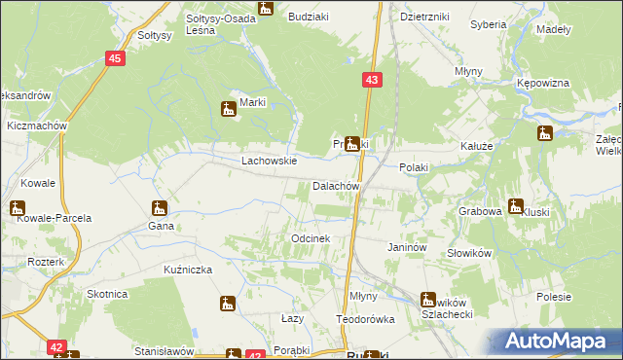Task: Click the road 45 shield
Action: (x=116, y=59)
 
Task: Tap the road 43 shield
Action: (x=373, y=79)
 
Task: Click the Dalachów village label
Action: (x=337, y=186)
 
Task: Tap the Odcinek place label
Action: (x=311, y=238)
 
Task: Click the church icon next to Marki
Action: (x=229, y=108)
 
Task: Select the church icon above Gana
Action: (x=159, y=207)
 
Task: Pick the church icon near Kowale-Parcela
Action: (x=18, y=207)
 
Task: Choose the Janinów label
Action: (x=408, y=248)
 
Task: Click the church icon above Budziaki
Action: (x=266, y=9)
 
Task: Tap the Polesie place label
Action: (x=553, y=296)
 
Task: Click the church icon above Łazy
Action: (x=227, y=304)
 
